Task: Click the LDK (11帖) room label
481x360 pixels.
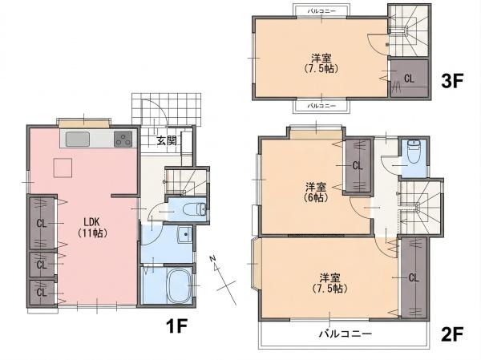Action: [x=92, y=228]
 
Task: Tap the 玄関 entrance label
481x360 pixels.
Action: [x=167, y=140]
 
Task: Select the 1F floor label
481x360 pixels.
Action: [x=176, y=326]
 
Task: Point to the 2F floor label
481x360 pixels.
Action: [x=451, y=334]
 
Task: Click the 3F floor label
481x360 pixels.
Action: [x=451, y=80]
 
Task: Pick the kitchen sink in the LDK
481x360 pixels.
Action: [x=78, y=139]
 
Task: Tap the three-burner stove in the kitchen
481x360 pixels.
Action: [x=123, y=139]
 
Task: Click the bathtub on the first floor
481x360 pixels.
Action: [x=179, y=286]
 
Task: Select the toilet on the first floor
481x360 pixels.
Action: [x=195, y=209]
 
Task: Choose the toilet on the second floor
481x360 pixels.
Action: [x=414, y=152]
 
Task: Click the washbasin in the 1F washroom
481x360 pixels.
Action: [x=184, y=235]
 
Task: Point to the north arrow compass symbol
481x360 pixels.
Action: [x=223, y=280]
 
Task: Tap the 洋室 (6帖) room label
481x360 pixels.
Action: [x=316, y=192]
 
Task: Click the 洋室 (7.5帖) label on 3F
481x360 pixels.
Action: [x=321, y=63]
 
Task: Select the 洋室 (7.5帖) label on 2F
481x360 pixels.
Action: [x=329, y=283]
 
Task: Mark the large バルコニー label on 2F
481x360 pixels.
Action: [x=346, y=334]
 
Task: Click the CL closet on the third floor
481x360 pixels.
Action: [x=409, y=79]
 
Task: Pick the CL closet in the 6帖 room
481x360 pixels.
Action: [x=358, y=166]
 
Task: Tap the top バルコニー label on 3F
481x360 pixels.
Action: [x=321, y=11]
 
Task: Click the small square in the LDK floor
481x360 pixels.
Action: [x=63, y=168]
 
